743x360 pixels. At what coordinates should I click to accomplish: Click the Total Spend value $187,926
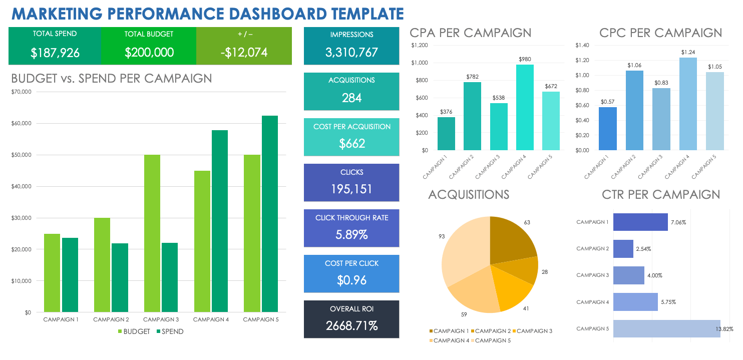point(55,53)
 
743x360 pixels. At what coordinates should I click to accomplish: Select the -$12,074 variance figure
point(244,53)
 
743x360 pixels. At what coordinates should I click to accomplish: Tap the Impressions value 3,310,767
point(351,52)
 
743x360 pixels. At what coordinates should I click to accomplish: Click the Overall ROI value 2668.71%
point(351,326)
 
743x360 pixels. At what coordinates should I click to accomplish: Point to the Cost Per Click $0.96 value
point(351,280)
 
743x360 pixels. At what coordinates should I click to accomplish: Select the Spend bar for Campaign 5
point(269,215)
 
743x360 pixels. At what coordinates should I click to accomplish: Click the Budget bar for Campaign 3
point(152,234)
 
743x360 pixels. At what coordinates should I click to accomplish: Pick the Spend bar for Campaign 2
point(120,278)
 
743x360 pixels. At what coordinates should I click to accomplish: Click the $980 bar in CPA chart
point(525,108)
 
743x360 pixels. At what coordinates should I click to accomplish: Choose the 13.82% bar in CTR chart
point(666,328)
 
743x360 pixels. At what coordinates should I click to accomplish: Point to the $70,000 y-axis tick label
point(21,92)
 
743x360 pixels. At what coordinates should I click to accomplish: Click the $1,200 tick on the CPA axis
point(419,46)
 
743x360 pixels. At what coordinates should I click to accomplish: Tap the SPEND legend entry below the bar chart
point(170,331)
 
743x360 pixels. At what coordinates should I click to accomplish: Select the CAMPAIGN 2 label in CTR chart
point(592,249)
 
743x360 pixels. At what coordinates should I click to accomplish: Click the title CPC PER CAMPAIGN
point(660,33)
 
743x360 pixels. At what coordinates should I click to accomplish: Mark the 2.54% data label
point(644,249)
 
